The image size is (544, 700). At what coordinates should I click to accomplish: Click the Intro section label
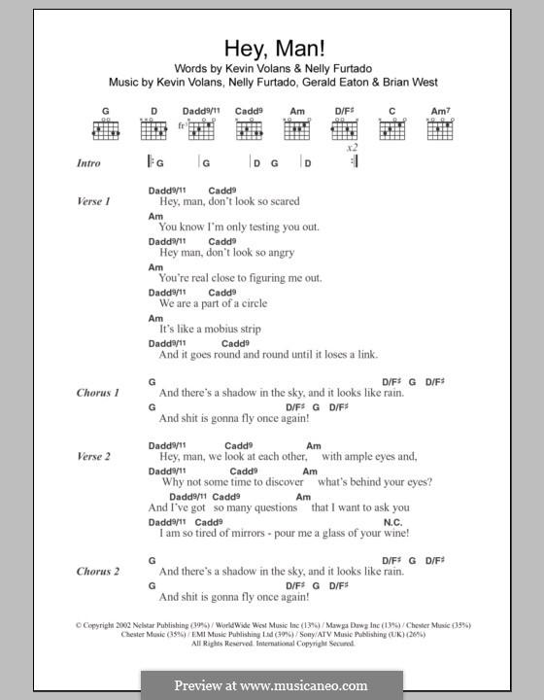coord(88,164)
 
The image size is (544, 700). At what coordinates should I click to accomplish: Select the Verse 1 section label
coord(93,201)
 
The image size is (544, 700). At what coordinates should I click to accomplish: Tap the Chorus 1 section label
coord(97,393)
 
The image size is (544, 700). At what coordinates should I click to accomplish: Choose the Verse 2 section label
coord(93,456)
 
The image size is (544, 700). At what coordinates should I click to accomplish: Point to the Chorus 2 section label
coord(97,571)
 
